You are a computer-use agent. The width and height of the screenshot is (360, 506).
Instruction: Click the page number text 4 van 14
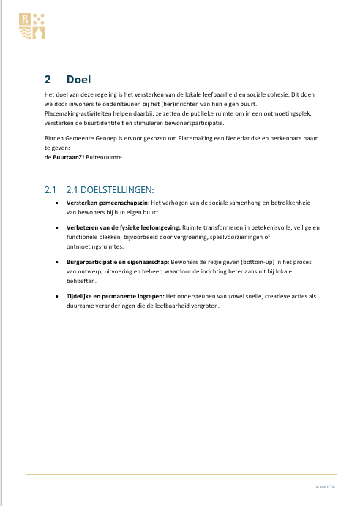click(x=325, y=486)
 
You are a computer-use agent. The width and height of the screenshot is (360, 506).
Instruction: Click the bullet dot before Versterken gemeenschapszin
click(x=58, y=202)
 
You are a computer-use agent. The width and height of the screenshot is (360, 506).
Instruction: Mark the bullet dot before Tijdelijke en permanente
click(x=58, y=296)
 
